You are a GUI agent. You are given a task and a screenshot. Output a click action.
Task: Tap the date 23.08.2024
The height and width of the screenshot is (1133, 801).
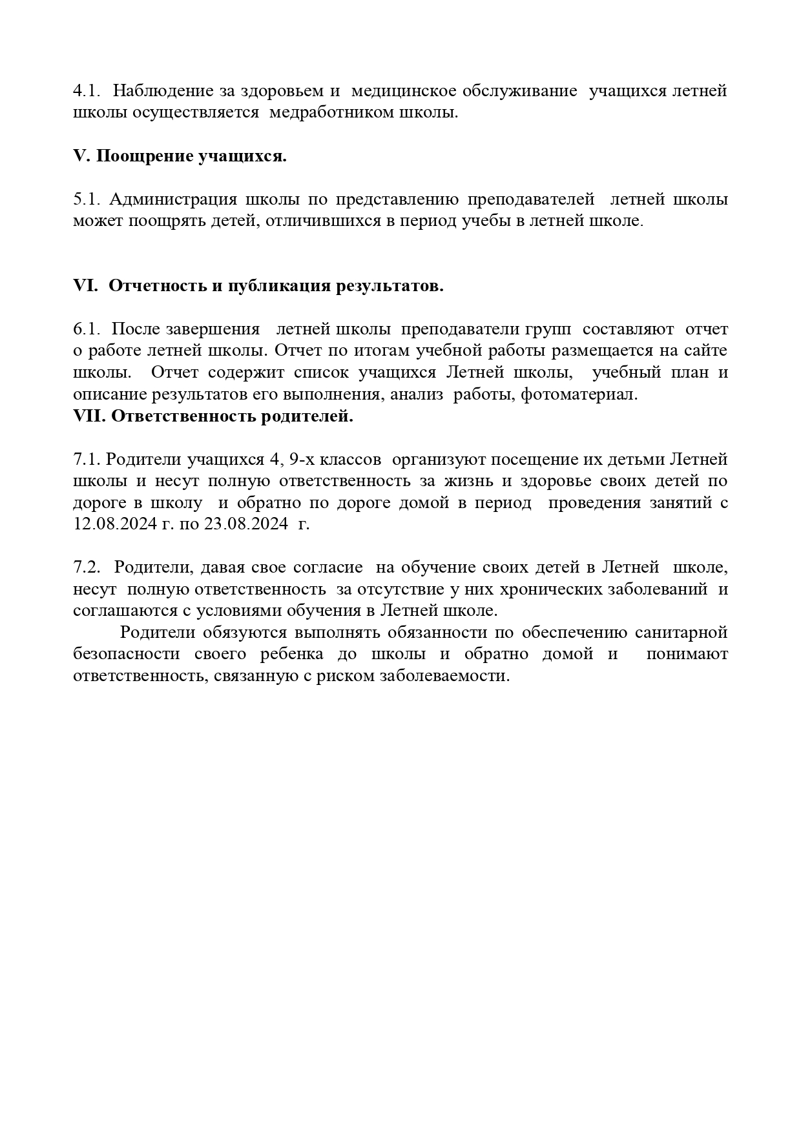[x=245, y=524]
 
